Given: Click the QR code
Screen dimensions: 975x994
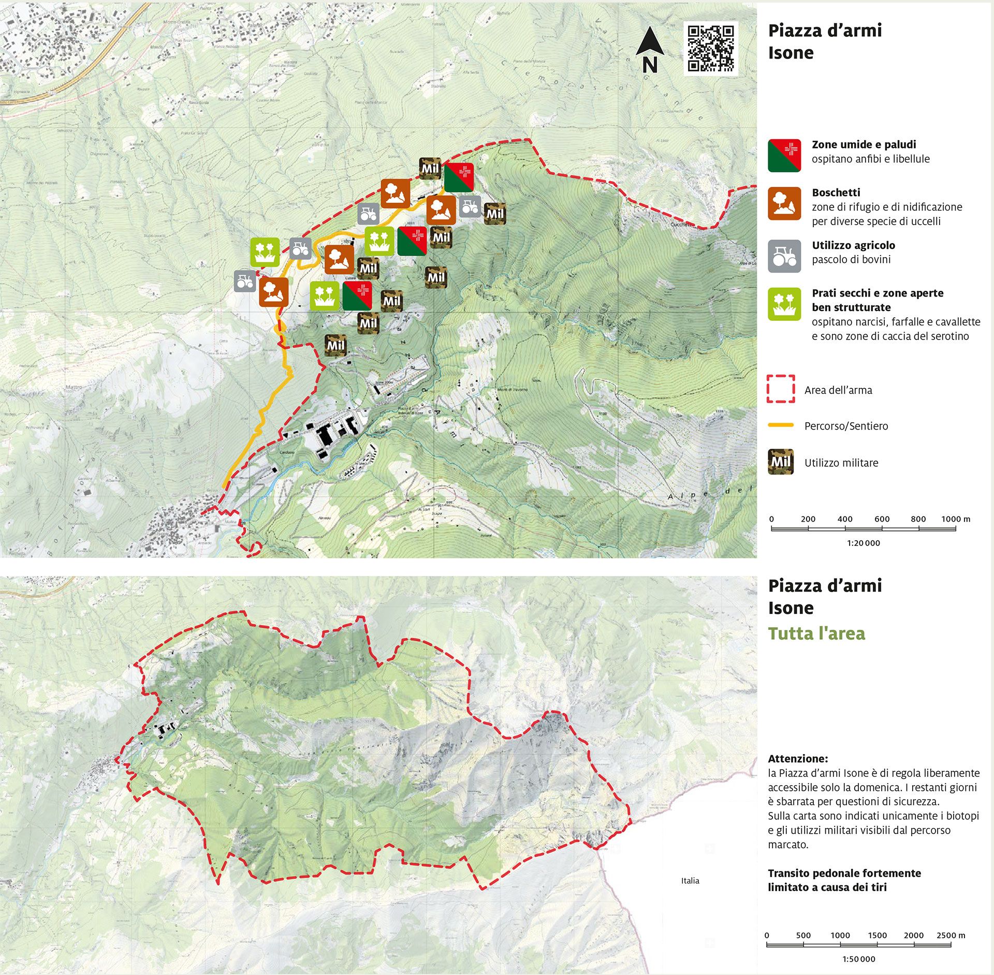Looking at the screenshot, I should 710,49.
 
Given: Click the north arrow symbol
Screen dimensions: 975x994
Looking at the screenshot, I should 650,50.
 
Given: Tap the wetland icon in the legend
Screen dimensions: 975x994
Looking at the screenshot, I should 784,155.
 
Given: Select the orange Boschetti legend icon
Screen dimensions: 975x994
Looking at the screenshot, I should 784,203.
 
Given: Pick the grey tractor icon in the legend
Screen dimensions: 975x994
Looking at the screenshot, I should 784,256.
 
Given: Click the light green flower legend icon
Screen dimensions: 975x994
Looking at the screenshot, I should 784,304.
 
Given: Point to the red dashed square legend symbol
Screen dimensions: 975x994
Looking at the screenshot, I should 781,389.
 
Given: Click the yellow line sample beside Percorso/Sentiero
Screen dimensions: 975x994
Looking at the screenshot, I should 781,425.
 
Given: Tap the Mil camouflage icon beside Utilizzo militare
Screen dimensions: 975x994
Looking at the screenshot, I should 781,462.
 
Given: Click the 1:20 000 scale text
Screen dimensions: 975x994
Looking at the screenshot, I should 864,543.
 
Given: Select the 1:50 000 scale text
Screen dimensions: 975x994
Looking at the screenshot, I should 859,959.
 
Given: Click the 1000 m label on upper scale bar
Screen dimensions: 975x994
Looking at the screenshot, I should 956,519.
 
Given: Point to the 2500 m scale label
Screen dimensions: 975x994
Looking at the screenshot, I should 951,935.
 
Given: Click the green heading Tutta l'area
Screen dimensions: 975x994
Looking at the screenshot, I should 816,633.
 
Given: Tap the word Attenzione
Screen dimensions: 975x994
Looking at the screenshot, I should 798,759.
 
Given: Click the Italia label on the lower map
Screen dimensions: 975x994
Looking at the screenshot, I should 690,880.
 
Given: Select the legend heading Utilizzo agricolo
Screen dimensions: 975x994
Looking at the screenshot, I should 853,245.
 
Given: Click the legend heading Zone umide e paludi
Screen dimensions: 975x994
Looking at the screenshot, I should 864,144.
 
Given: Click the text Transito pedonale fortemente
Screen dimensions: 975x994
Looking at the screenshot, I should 844,873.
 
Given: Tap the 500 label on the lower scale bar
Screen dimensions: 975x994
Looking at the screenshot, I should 803,935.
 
